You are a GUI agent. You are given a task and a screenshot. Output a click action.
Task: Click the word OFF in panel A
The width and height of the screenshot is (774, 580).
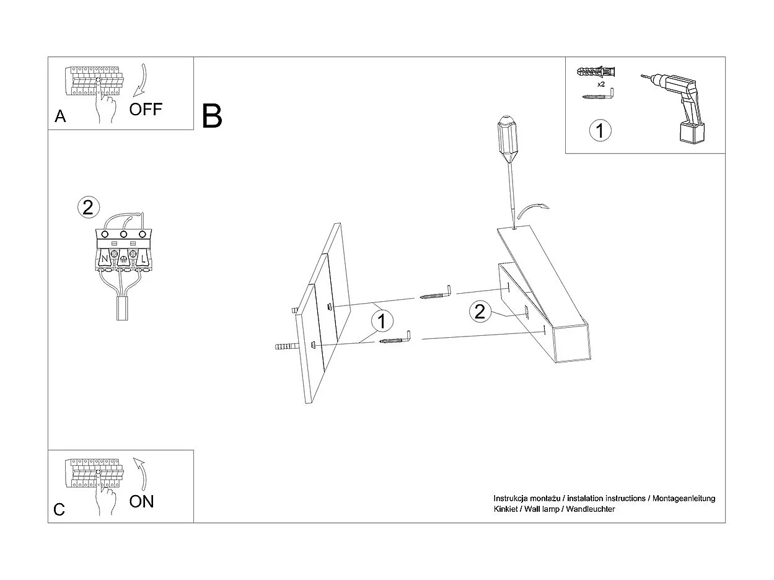[x=146, y=110]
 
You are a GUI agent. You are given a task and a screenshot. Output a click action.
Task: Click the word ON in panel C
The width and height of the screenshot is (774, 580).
[x=141, y=501]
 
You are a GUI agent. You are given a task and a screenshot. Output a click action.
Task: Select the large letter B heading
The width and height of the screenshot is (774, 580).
[x=212, y=116]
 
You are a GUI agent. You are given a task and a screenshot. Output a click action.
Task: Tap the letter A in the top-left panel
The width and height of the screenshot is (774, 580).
[x=60, y=116]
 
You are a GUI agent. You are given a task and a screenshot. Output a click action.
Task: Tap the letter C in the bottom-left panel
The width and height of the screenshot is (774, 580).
[x=59, y=509]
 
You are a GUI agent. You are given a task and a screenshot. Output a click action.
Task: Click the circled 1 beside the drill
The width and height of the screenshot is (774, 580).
[x=599, y=131]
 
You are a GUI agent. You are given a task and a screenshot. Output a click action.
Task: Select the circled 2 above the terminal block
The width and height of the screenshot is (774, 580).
[x=88, y=207]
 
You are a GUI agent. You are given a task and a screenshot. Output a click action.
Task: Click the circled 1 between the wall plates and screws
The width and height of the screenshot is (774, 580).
[x=382, y=321]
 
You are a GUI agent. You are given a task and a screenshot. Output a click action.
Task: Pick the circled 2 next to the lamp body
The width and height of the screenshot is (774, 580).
[x=479, y=311]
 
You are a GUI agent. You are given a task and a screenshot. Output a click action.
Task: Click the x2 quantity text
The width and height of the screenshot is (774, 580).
[x=600, y=84]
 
